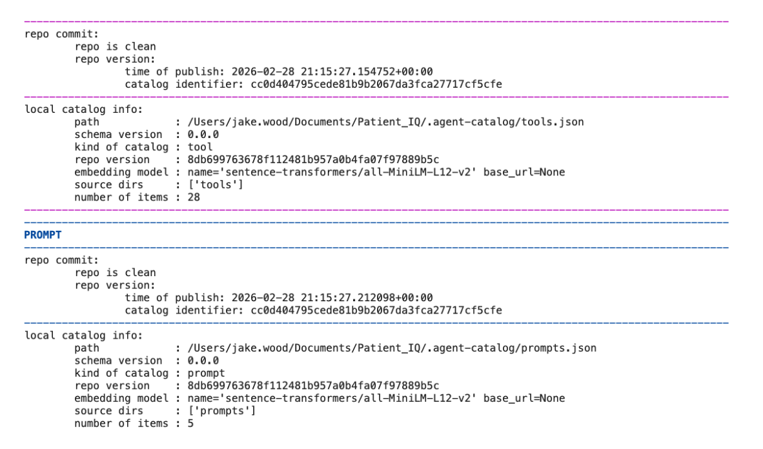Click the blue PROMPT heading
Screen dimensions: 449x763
tap(43, 235)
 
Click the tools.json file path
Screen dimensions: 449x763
tap(385, 122)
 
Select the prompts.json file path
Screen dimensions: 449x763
tap(391, 348)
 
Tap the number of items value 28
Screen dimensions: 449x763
tap(194, 197)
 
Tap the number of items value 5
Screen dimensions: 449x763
tap(190, 423)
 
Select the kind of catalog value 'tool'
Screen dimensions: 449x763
tap(200, 147)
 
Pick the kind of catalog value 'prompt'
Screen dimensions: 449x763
tap(207, 373)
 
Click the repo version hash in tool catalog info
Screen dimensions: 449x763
tap(313, 159)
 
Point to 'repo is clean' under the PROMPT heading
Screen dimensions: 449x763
tap(115, 273)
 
